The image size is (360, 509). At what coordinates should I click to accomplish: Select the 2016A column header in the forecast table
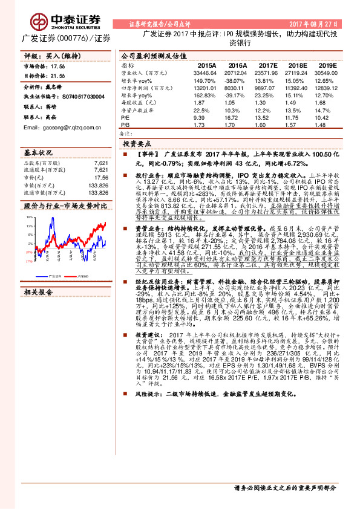click(x=237, y=63)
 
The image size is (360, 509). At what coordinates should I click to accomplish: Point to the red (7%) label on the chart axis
click(x=28, y=261)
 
